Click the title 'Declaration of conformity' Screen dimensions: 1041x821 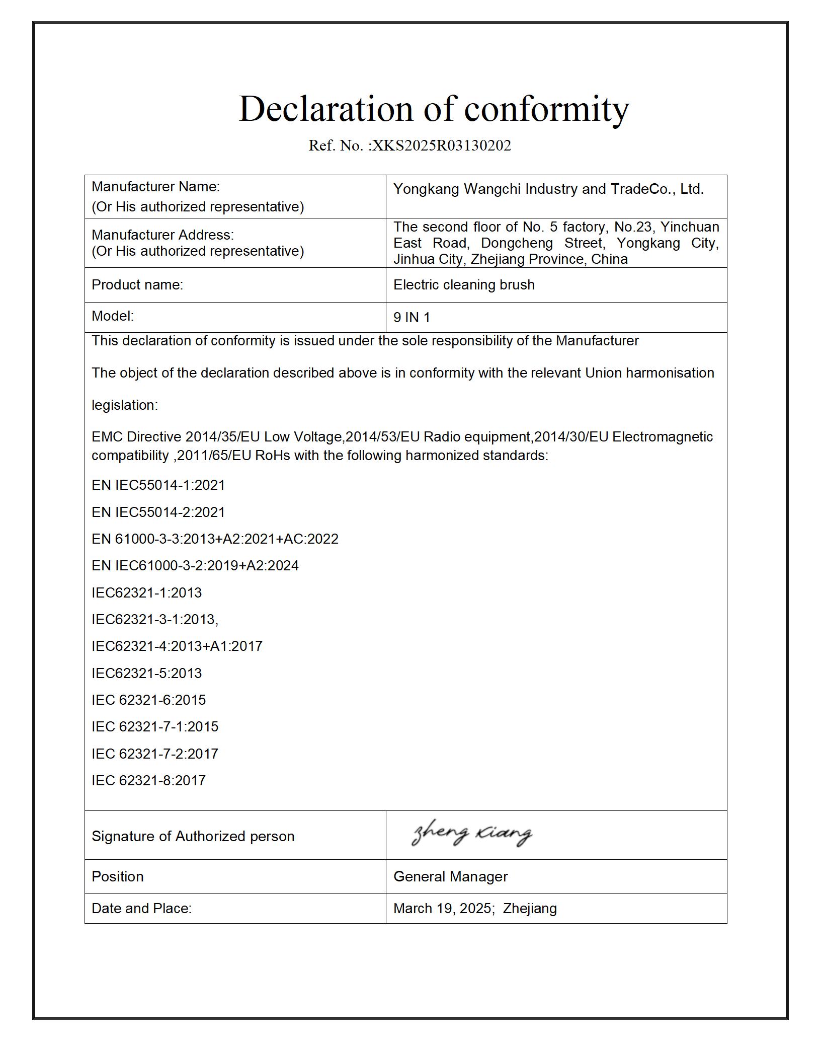click(x=434, y=109)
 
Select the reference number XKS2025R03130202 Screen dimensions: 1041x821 click(x=441, y=145)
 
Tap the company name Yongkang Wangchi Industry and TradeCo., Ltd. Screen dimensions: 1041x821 click(x=548, y=189)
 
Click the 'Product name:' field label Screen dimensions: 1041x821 click(x=137, y=285)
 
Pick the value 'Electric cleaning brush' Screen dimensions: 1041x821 click(x=464, y=285)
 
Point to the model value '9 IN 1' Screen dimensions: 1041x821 click(x=412, y=318)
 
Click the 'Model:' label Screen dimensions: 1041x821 click(x=113, y=316)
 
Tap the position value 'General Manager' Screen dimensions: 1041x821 click(x=450, y=876)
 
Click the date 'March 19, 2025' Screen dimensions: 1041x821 click(x=442, y=908)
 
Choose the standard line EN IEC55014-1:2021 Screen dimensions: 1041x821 click(x=158, y=485)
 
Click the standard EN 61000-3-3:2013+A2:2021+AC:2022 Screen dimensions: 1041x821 click(x=215, y=539)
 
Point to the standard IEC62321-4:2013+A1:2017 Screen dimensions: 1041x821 click(x=177, y=646)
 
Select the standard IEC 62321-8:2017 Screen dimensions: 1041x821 click(x=148, y=781)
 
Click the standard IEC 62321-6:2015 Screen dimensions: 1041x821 click(x=148, y=700)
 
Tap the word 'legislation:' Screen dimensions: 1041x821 click(x=125, y=405)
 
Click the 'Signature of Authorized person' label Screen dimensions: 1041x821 click(x=193, y=837)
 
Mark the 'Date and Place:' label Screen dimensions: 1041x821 click(x=141, y=908)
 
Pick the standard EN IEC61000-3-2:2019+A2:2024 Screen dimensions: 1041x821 click(x=195, y=566)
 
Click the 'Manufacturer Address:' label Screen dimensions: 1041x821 click(x=162, y=235)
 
